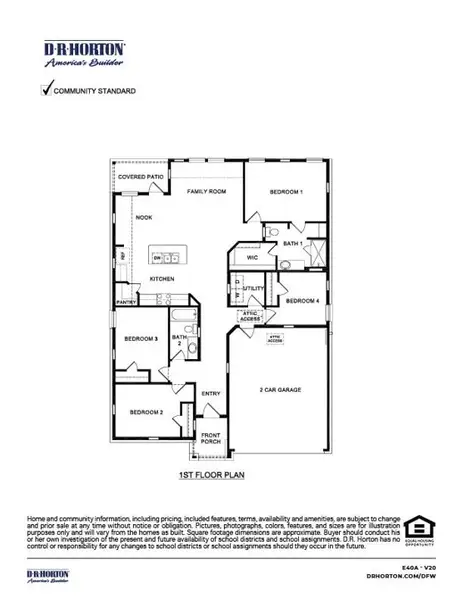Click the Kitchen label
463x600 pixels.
[x=162, y=278]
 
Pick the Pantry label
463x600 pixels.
[x=126, y=301]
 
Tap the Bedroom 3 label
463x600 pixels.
[x=141, y=340]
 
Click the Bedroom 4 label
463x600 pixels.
[x=302, y=301]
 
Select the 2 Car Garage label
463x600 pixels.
[x=281, y=389]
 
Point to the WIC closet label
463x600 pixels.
[x=254, y=257]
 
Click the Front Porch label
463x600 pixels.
[x=211, y=438]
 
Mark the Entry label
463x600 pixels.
[x=211, y=393]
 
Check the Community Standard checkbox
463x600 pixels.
[x=45, y=90]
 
